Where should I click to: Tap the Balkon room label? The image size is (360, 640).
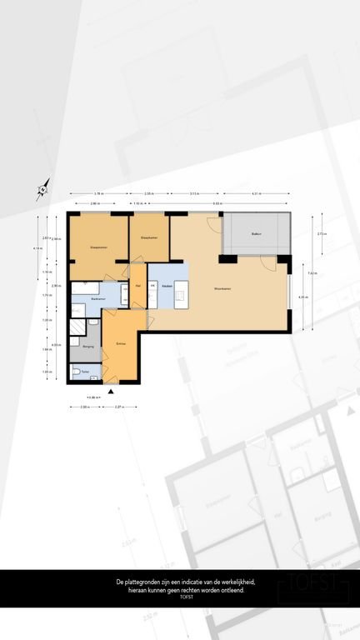(x=257, y=234)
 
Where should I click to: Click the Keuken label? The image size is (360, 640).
(x=167, y=286)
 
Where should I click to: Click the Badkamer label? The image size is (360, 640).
(x=98, y=297)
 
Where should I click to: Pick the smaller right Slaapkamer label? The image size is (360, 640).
(x=149, y=237)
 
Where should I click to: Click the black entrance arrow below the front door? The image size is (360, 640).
(x=110, y=389)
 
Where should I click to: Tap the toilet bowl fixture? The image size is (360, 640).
(x=76, y=372)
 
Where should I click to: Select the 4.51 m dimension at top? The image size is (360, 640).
(x=254, y=193)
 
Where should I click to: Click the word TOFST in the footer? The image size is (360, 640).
(x=179, y=595)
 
